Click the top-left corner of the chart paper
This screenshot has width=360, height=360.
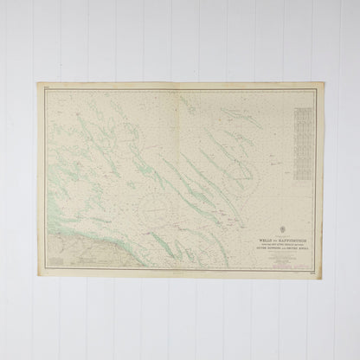coord(38,84)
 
